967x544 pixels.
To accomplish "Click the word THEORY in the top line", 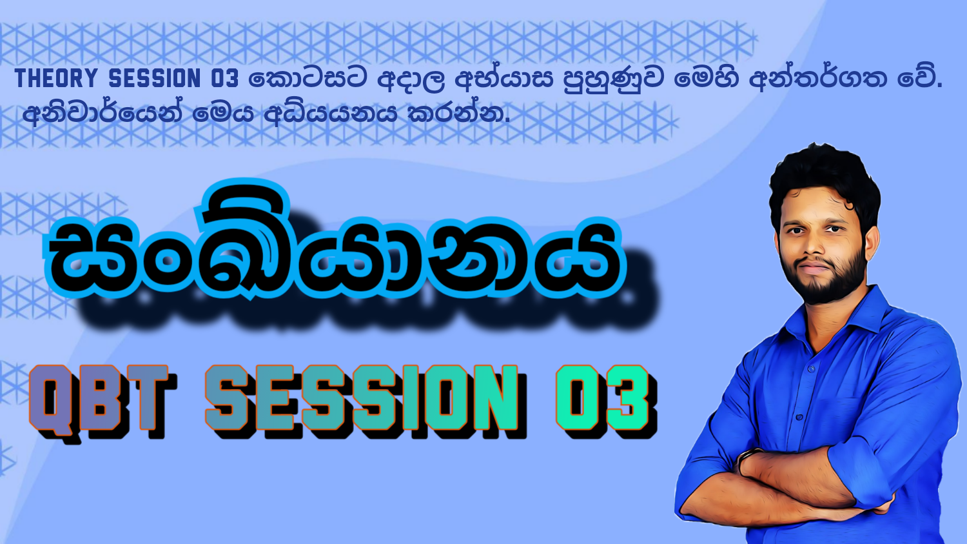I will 55,79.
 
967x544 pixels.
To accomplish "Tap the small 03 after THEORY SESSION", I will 224,79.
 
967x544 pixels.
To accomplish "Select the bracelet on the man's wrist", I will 747,459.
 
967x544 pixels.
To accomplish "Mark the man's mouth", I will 816,267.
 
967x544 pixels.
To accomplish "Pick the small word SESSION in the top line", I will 155,79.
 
